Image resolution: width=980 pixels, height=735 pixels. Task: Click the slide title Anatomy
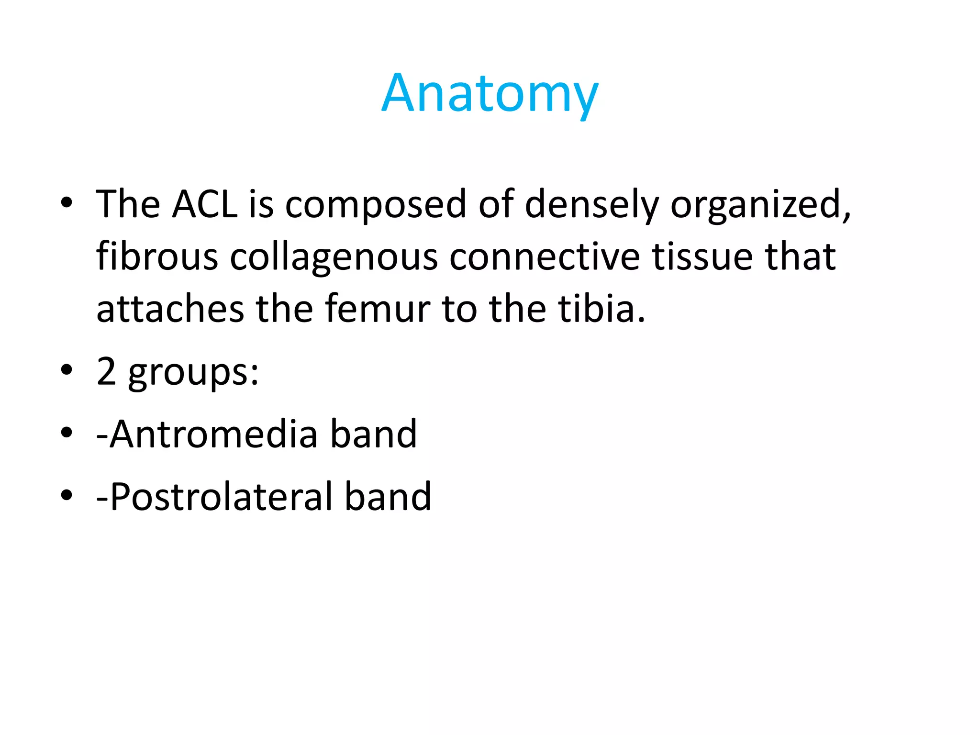pos(490,93)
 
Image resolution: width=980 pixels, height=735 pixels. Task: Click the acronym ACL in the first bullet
pos(205,205)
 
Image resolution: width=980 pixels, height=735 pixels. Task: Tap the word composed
pos(376,205)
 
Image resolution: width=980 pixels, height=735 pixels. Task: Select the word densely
pos(592,205)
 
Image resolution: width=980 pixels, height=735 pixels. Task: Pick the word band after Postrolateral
pos(388,497)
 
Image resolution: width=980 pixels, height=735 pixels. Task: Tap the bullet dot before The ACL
pos(67,203)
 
